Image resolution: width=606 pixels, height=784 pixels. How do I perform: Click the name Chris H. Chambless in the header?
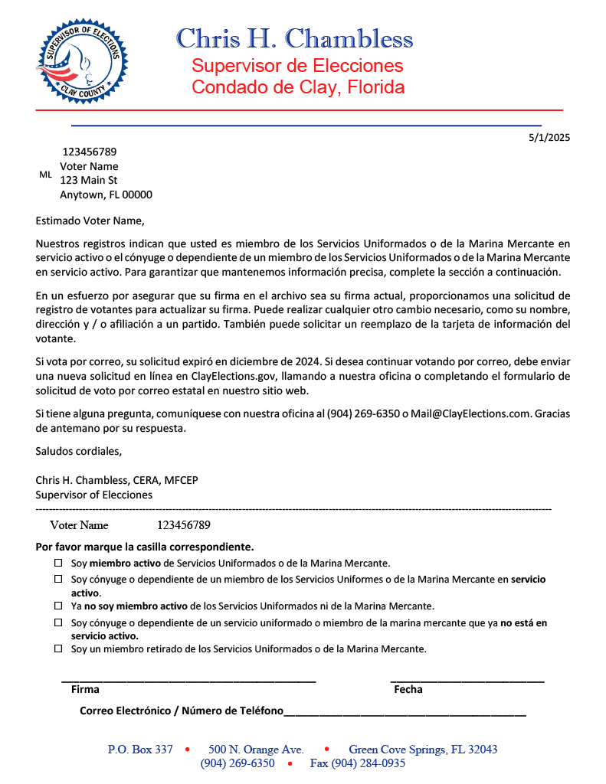pos(294,38)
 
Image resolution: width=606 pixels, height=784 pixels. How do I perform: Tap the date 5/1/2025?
pos(549,138)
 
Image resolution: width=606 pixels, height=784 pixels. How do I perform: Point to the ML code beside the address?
pos(45,175)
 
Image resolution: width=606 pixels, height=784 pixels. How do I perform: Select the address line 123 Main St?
pos(88,181)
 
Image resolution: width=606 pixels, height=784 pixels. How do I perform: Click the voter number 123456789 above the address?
pos(90,152)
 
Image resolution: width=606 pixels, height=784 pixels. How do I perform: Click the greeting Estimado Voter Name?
pos(90,222)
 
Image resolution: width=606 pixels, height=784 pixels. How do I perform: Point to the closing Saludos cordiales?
pos(78,450)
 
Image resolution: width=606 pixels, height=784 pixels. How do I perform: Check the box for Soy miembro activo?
pos(58,563)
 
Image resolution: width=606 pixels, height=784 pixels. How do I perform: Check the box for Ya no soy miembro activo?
pos(58,606)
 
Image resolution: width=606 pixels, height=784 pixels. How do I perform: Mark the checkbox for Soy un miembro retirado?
pos(58,649)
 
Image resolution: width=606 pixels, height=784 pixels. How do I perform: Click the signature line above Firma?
pos(188,680)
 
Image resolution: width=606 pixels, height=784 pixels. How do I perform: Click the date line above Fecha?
pos(467,680)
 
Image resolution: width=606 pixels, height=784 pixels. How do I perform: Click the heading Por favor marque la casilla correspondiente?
pos(145,547)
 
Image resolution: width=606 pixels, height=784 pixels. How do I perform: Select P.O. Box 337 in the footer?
pos(140,750)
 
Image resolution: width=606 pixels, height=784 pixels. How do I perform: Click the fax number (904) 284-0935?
pos(357,763)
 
